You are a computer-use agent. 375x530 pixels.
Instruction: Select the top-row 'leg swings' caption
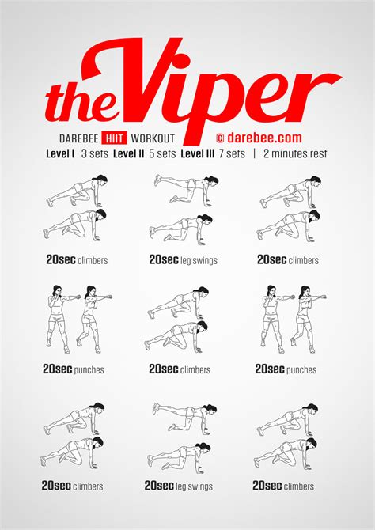[199, 259]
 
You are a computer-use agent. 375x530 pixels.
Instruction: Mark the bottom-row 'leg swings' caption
[195, 486]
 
